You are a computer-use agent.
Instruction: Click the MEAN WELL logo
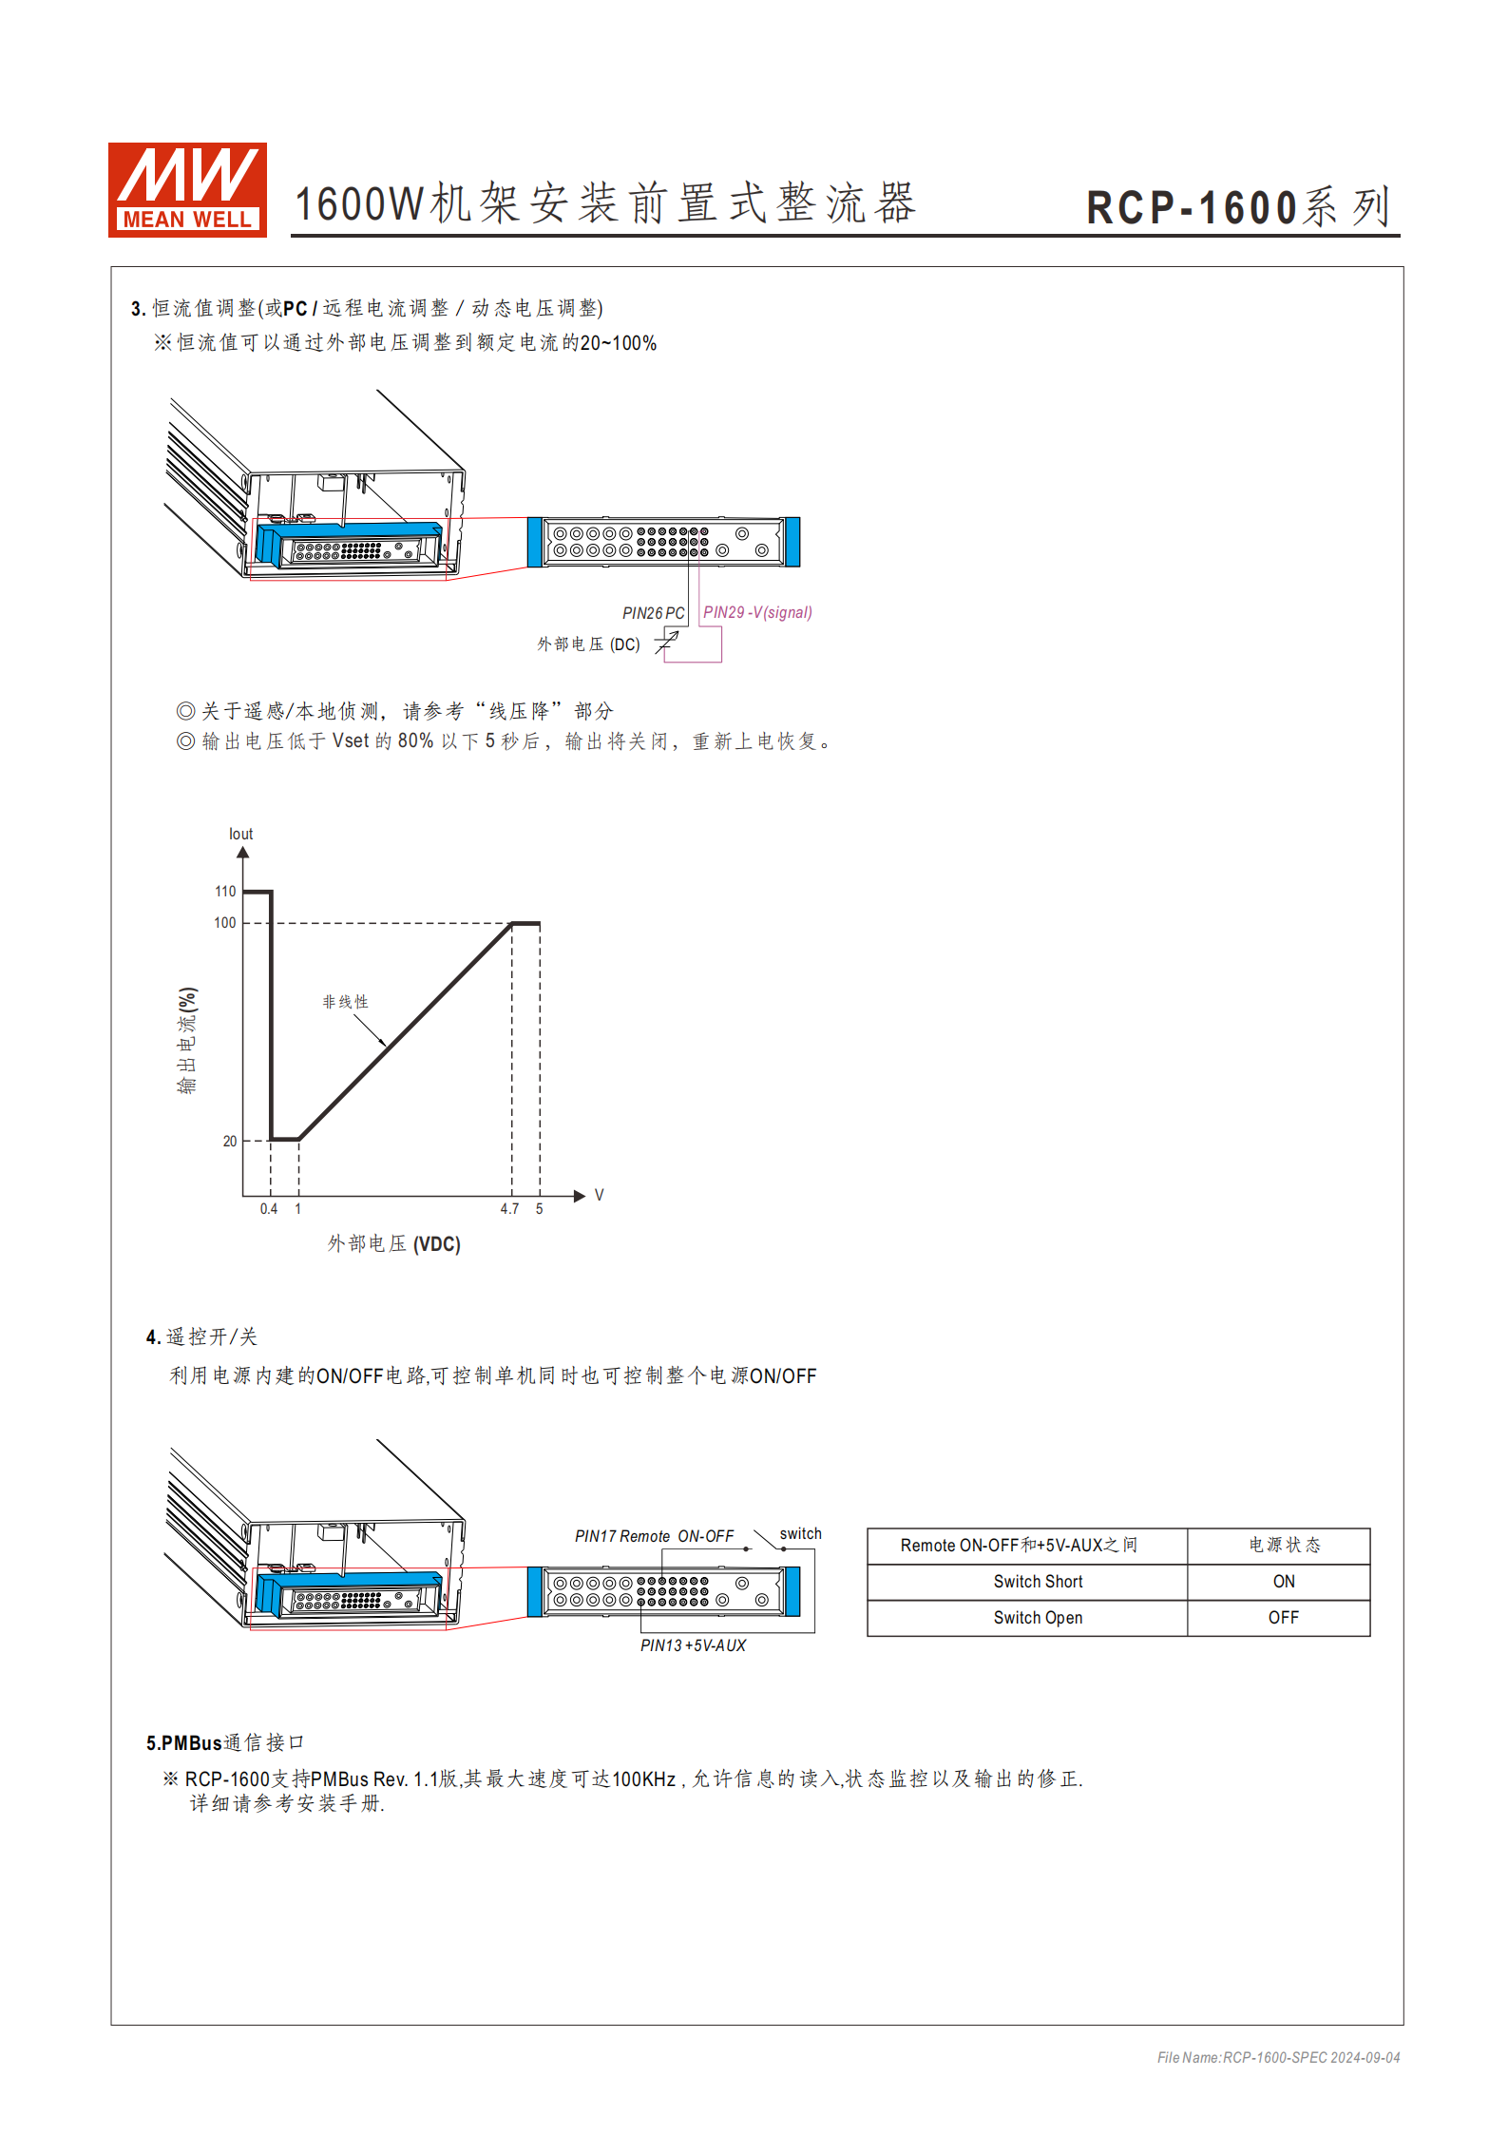(x=187, y=189)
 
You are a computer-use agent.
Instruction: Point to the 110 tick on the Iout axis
(x=225, y=892)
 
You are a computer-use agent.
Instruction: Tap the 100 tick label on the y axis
(x=225, y=923)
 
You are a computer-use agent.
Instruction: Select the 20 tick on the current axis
(x=230, y=1142)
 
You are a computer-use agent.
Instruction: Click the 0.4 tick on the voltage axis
(x=269, y=1209)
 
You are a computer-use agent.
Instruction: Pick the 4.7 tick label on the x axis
(x=510, y=1209)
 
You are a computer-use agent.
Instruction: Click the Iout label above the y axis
(x=240, y=835)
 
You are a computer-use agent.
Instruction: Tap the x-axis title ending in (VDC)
(x=393, y=1244)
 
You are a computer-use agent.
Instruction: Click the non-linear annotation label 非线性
(x=345, y=1002)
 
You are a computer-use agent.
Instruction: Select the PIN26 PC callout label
(x=653, y=613)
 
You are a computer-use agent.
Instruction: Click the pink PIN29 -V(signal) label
(x=757, y=613)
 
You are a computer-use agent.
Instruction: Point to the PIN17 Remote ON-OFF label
(x=654, y=1536)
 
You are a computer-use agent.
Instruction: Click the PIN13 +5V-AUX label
(x=693, y=1645)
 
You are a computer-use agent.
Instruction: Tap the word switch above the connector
(x=800, y=1533)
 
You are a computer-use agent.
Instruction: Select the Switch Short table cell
(x=1038, y=1582)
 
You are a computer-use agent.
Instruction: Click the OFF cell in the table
(x=1283, y=1618)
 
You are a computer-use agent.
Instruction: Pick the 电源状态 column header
(x=1284, y=1546)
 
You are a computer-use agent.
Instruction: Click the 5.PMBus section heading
(x=224, y=1742)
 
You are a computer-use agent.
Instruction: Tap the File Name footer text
(x=1278, y=2058)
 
